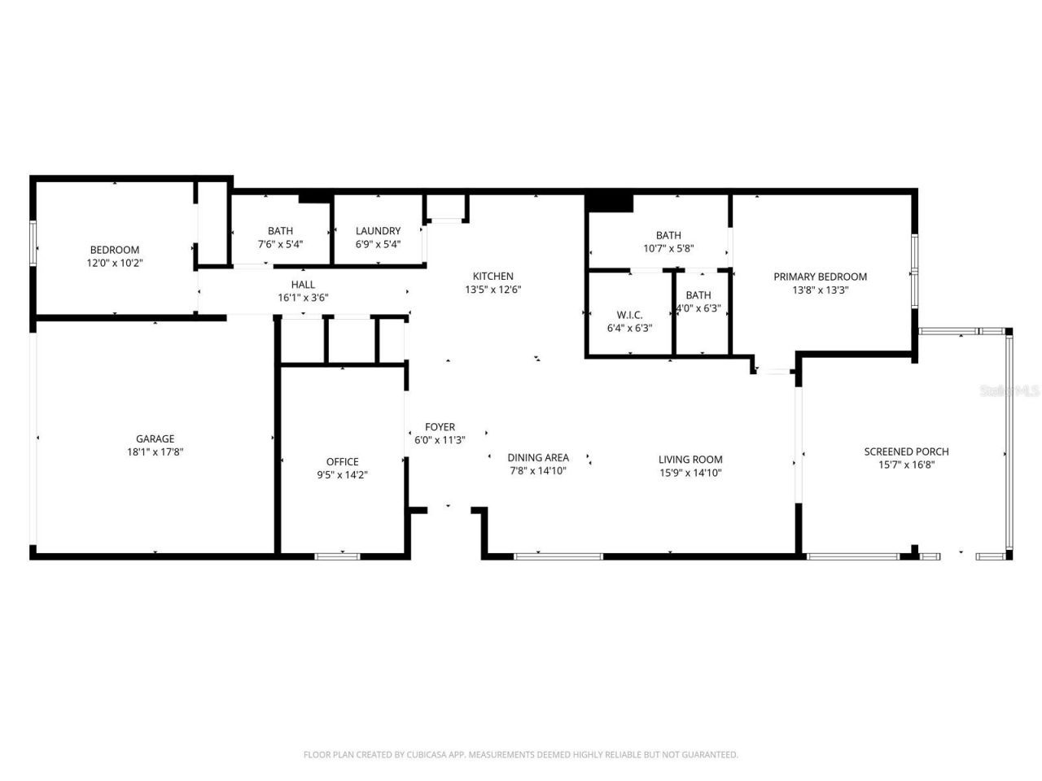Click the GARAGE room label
coord(155,439)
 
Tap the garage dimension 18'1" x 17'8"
coord(155,452)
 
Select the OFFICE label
coord(342,461)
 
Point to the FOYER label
coord(440,427)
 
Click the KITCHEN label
coord(493,277)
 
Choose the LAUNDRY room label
coord(378,231)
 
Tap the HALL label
coord(303,285)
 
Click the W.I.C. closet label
coord(629,315)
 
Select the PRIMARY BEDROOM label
coord(820,277)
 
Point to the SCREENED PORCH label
coord(906,452)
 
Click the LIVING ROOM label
coord(690,460)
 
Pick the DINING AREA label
coord(538,457)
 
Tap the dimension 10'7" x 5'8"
coord(668,249)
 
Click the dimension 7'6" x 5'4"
coord(280,244)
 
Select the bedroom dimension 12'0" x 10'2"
coord(114,263)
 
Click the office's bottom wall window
coord(337,556)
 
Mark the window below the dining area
coord(558,556)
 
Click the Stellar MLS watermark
coord(1009,390)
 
